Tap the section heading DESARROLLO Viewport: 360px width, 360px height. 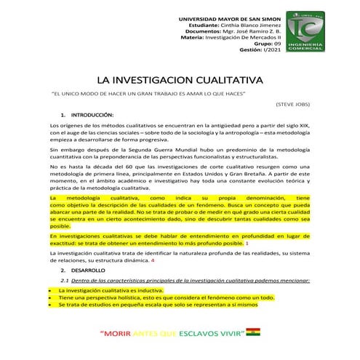[x=89, y=271]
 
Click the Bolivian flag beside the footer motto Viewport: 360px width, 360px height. [x=252, y=333]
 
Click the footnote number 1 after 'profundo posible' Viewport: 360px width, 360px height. [x=248, y=243]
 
